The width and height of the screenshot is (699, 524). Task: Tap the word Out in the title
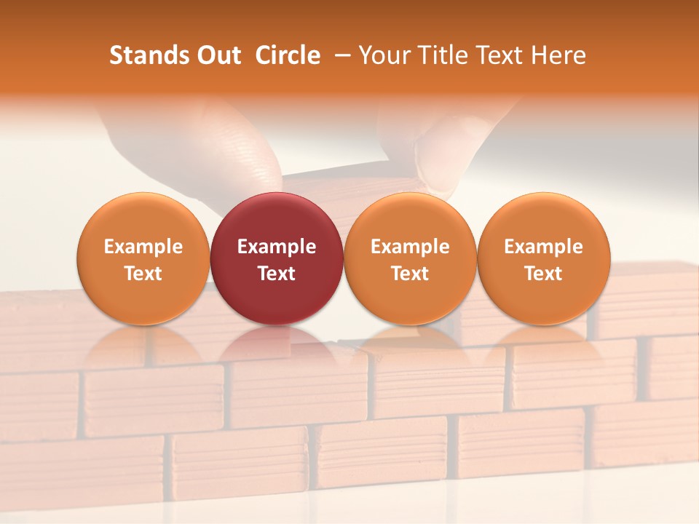tap(217, 55)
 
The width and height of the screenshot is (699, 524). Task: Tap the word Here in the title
tap(559, 55)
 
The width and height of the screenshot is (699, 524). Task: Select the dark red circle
tap(277, 258)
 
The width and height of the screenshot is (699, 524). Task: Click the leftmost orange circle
tap(143, 258)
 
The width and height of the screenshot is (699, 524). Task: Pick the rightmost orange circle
tap(543, 258)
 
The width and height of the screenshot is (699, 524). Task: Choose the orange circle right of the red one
tap(410, 258)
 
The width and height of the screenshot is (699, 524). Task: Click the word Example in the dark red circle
tap(277, 247)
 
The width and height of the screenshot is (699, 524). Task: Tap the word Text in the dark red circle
tap(277, 274)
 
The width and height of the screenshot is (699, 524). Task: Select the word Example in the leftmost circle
tap(143, 247)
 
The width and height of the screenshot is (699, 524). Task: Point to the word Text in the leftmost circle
tap(143, 274)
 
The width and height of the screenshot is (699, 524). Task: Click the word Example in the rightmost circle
tap(543, 247)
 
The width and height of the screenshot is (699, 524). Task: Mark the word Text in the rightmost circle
tap(543, 274)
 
